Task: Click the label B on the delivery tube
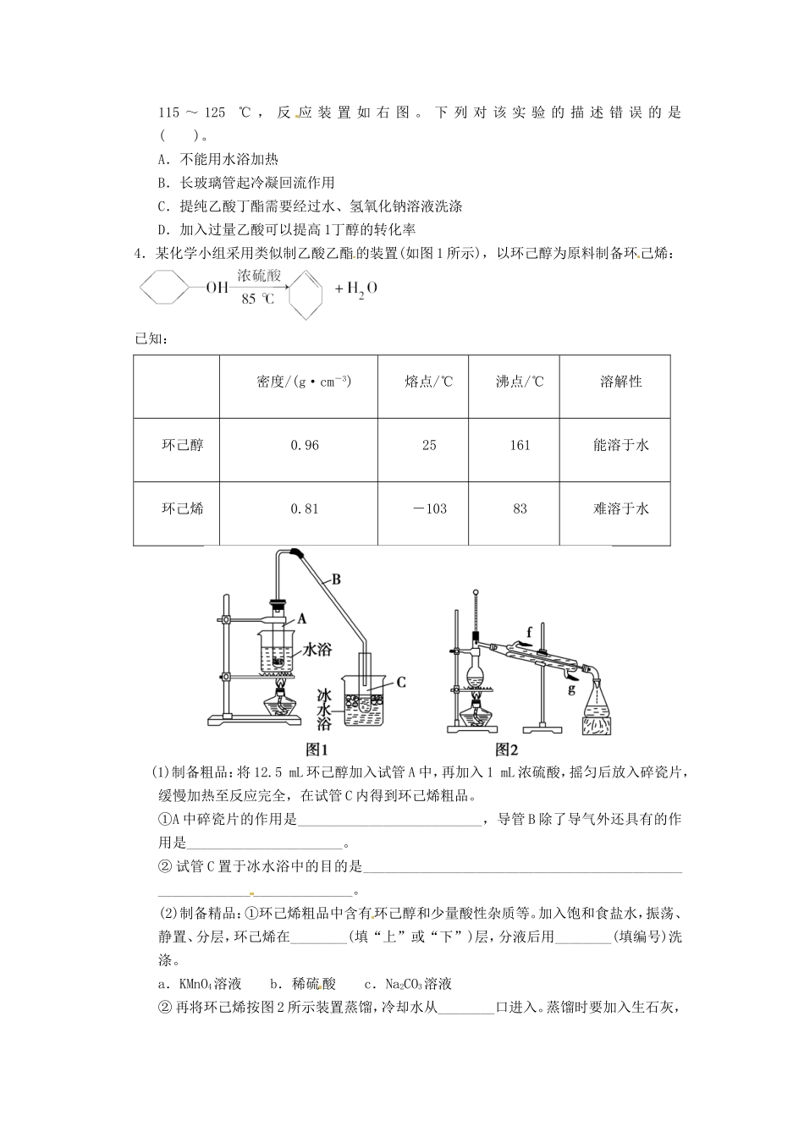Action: point(335,579)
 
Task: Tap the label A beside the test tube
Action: point(301,618)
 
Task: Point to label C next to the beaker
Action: point(402,682)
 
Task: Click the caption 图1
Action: point(316,749)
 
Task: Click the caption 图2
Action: point(506,749)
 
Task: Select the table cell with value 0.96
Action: point(305,445)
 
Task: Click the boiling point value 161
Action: point(520,445)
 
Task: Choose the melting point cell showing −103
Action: point(429,508)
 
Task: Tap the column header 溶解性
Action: point(621,382)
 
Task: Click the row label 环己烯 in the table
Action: point(183,508)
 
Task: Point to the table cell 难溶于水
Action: point(621,508)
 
